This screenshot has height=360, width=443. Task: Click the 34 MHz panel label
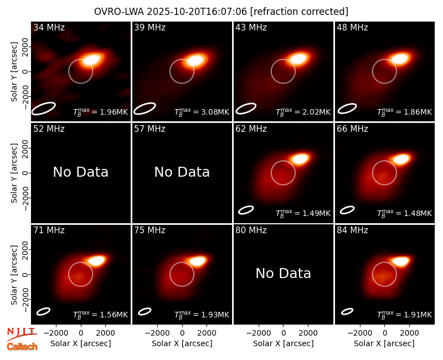pos(49,27)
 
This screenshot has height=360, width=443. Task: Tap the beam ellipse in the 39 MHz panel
pos(145,109)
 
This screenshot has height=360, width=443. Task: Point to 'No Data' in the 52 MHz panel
pos(81,172)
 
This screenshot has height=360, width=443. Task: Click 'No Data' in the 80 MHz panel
pos(284,273)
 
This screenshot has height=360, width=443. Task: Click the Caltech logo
pos(22,347)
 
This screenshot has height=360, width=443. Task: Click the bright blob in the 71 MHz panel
pos(96,260)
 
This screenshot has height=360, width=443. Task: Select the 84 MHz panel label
pos(352,230)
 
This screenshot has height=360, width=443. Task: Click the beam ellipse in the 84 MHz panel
pos(347,311)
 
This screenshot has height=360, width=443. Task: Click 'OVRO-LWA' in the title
pos(119,12)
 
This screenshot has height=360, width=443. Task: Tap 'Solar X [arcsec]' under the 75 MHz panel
pos(182,343)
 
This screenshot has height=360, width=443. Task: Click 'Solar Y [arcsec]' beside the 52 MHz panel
pos(14,173)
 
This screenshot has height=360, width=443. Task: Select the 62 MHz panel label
pos(251,129)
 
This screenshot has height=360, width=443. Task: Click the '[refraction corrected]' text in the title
pos(299,12)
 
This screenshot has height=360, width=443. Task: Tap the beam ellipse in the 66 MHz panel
pos(347,210)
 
